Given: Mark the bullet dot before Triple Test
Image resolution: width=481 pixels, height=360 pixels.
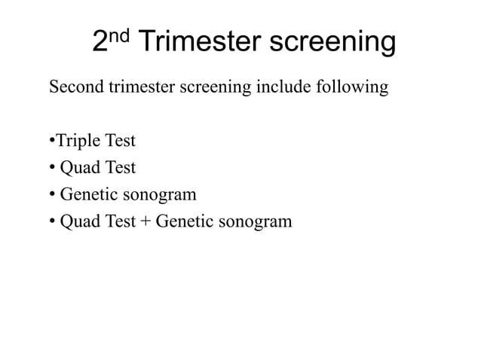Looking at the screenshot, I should tap(51, 142).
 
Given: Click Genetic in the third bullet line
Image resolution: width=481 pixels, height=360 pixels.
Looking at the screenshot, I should tap(87, 195).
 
